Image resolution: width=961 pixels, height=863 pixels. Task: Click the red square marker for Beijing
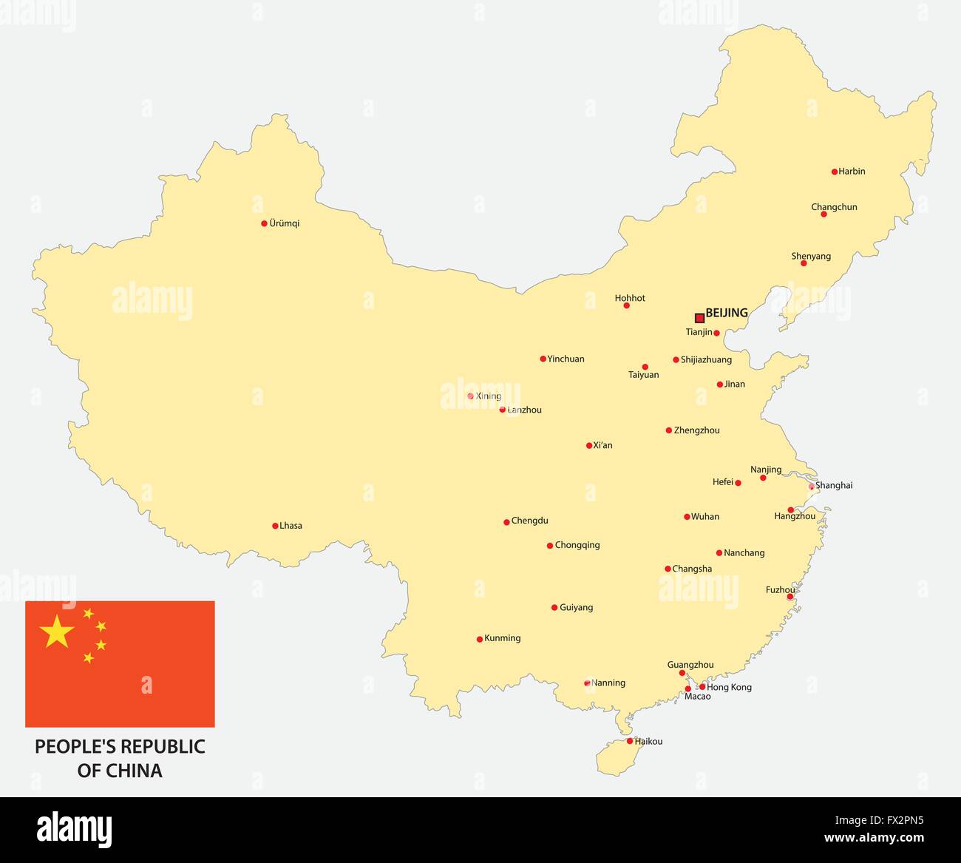click(699, 318)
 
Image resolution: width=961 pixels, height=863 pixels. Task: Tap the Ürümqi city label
click(285, 223)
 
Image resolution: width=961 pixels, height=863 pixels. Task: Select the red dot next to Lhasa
click(275, 526)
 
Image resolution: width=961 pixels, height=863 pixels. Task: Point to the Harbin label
click(852, 172)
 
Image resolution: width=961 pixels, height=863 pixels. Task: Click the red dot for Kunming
click(479, 639)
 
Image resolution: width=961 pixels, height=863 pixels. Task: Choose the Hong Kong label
click(729, 687)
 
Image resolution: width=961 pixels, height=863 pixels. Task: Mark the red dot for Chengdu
click(506, 521)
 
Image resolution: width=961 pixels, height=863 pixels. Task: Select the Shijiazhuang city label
click(706, 360)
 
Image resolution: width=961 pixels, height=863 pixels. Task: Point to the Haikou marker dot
click(630, 741)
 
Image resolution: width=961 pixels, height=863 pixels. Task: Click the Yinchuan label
click(566, 359)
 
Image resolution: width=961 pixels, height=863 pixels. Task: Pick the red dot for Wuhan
click(687, 517)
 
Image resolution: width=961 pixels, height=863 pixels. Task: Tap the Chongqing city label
click(577, 546)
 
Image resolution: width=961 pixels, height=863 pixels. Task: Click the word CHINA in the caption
click(134, 771)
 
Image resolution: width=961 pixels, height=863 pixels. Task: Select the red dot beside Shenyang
click(804, 263)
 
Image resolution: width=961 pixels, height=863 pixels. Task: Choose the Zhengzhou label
click(696, 430)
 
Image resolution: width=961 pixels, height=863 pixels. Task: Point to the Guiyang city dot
click(554, 608)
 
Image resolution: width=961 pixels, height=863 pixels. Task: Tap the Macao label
click(697, 697)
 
